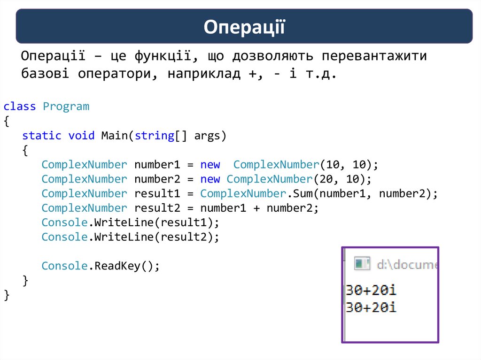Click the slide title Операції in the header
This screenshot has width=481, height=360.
[244, 27]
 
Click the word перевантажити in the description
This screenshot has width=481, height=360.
[374, 56]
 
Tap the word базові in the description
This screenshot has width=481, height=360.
[45, 74]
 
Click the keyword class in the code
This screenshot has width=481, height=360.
[20, 107]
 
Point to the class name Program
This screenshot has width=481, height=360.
[66, 107]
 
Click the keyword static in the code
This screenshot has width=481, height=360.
[42, 136]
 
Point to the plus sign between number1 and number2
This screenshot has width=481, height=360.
[256, 208]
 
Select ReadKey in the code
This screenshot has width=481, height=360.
[117, 266]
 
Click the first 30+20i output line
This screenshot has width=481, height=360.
[371, 290]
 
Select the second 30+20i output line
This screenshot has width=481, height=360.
[371, 307]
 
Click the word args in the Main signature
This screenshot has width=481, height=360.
[207, 136]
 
